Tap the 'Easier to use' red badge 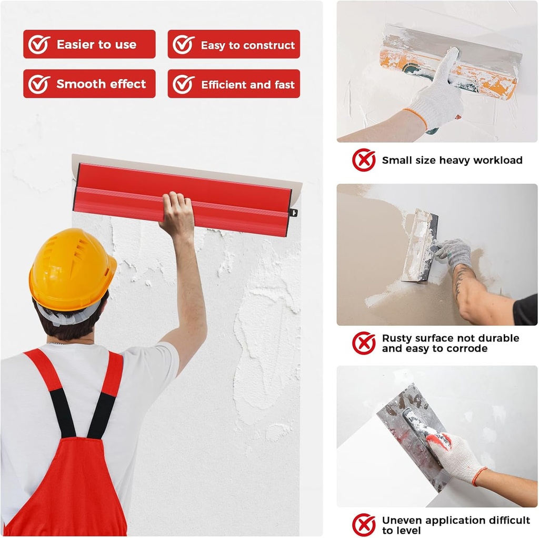pyautogui.click(x=89, y=44)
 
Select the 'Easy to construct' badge pyautogui.click(x=234, y=45)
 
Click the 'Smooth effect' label pyautogui.click(x=101, y=84)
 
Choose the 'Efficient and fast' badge pyautogui.click(x=234, y=84)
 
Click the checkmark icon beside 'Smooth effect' pyautogui.click(x=39, y=84)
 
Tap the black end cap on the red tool pyautogui.click(x=293, y=213)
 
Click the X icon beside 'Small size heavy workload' pyautogui.click(x=364, y=160)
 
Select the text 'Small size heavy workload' pyautogui.click(x=452, y=161)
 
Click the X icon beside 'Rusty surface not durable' pyautogui.click(x=364, y=343)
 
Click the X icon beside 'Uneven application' pyautogui.click(x=364, y=525)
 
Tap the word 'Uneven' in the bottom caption pyautogui.click(x=402, y=520)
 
